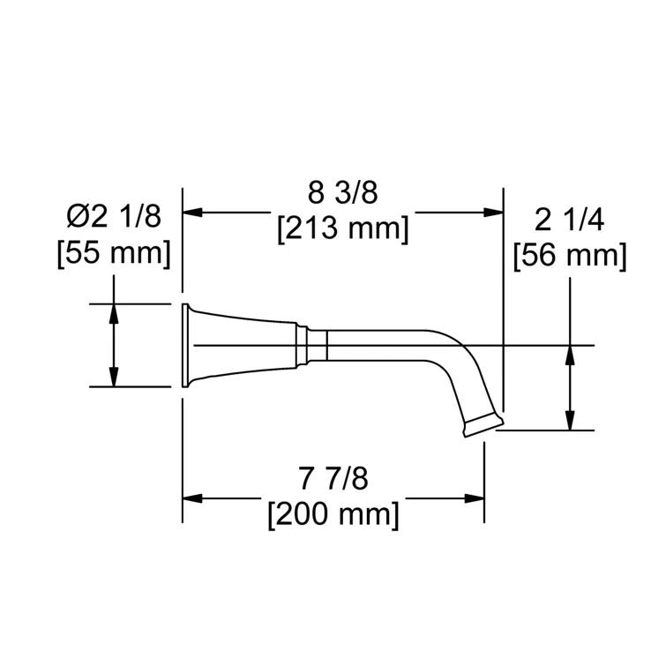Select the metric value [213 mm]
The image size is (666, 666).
click(343, 228)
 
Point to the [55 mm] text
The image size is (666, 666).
click(113, 253)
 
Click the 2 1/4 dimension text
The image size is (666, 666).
click(569, 220)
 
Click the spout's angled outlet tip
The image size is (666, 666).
click(480, 424)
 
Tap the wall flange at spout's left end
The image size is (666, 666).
click(188, 345)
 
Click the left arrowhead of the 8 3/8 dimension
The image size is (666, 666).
click(191, 212)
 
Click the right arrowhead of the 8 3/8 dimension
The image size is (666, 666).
click(494, 212)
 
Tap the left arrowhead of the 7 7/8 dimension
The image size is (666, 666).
click(191, 498)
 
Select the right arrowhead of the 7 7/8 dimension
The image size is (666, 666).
click(475, 498)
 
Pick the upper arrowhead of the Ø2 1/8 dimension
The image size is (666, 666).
click(114, 311)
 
